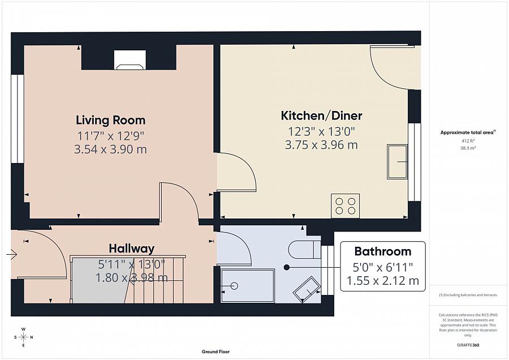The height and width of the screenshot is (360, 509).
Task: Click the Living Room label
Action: [110, 120]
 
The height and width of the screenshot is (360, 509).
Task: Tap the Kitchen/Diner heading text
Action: [321, 116]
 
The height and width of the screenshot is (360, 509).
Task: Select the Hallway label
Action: [131, 248]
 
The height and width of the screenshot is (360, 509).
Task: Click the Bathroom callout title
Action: [382, 251]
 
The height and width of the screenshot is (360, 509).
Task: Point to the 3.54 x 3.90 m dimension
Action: [110, 149]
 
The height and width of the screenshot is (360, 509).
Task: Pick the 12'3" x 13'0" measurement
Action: [321, 131]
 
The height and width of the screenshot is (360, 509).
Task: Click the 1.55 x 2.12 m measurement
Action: [382, 280]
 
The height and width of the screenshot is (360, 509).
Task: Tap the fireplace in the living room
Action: [130, 59]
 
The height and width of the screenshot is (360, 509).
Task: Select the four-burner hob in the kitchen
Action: [345, 205]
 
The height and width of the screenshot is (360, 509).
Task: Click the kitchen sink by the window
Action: [397, 162]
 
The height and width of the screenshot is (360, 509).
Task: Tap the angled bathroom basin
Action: [306, 289]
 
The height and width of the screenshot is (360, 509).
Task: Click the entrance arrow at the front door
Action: [11, 255]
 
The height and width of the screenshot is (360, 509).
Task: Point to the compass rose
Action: [23, 337]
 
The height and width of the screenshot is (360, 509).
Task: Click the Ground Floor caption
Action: [216, 352]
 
